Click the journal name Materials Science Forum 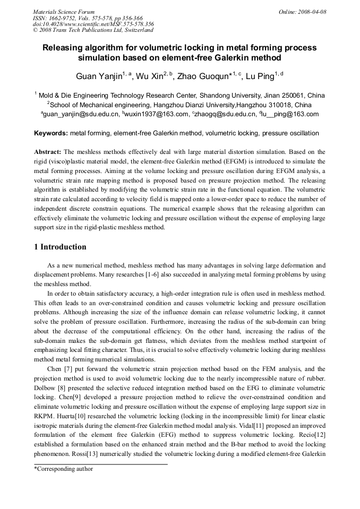coord(64,12)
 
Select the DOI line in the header coord(93,24)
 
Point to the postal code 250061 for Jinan coord(287,95)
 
